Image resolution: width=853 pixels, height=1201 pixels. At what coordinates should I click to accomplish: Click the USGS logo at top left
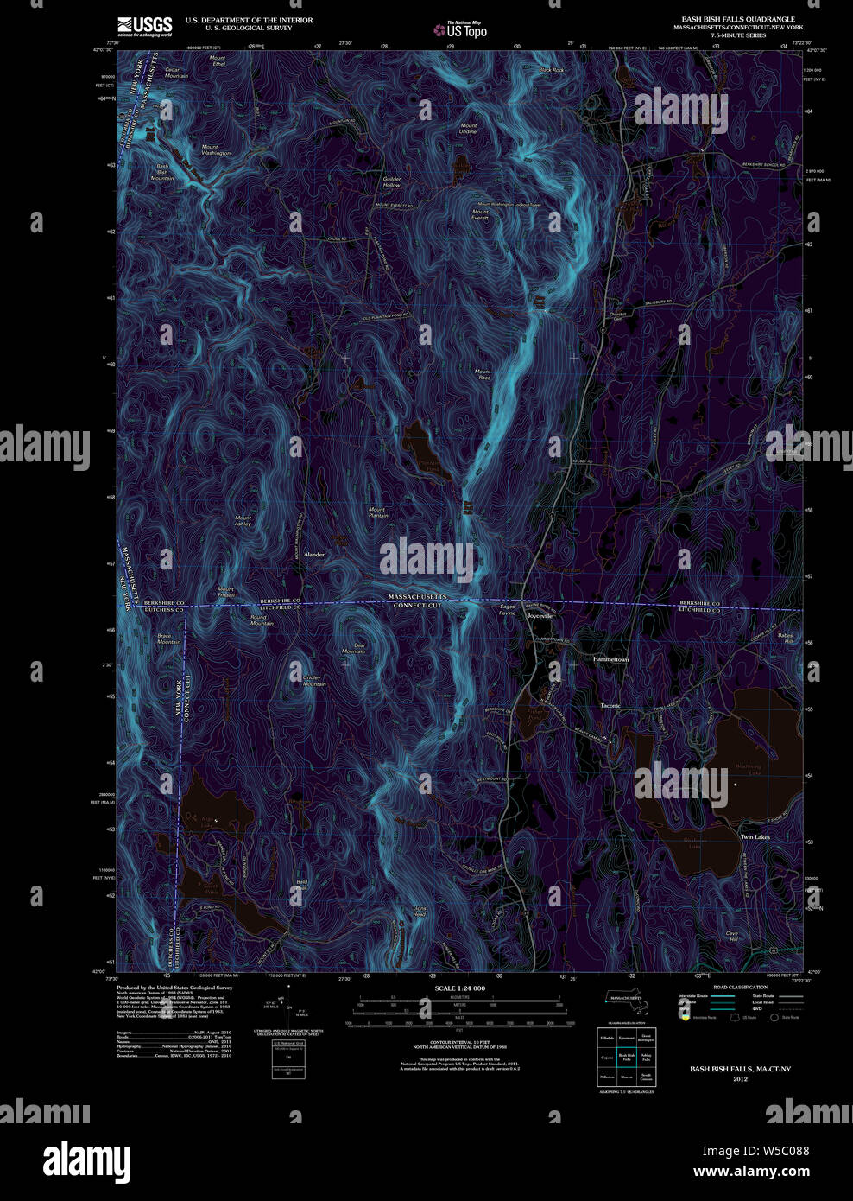tap(145, 26)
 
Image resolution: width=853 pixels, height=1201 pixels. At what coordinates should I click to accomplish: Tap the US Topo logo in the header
tap(461, 30)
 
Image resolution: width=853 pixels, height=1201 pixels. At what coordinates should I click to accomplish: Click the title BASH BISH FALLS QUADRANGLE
tap(738, 19)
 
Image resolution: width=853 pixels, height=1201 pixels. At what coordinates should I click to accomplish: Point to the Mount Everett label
tap(480, 215)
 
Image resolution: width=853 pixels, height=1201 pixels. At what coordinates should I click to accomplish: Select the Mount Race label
tap(483, 375)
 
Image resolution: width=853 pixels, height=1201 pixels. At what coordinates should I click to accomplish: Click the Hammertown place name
tap(610, 659)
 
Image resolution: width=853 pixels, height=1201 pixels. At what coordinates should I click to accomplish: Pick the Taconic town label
tap(610, 706)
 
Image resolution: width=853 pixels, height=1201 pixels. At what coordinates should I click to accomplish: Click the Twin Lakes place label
tap(755, 837)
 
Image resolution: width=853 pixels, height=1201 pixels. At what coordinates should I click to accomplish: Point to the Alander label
tap(313, 554)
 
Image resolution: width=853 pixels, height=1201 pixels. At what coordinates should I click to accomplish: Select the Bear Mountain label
tap(354, 648)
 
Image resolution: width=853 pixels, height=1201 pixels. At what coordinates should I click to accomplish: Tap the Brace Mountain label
tap(168, 639)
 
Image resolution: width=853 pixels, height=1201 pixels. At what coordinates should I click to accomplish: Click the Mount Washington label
tap(215, 150)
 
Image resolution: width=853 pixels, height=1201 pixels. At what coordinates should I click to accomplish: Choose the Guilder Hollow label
tap(391, 182)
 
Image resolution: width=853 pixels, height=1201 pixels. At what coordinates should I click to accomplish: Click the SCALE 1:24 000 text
tap(459, 988)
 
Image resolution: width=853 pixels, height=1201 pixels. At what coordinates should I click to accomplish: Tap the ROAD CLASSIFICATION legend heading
tap(740, 987)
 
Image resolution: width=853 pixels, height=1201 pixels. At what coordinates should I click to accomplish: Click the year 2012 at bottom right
tap(740, 1079)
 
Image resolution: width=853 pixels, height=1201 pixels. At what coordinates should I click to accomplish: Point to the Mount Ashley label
tap(243, 521)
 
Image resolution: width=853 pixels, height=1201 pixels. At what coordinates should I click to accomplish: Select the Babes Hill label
tap(785, 639)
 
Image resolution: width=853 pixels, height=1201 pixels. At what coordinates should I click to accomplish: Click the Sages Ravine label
tap(507, 610)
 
